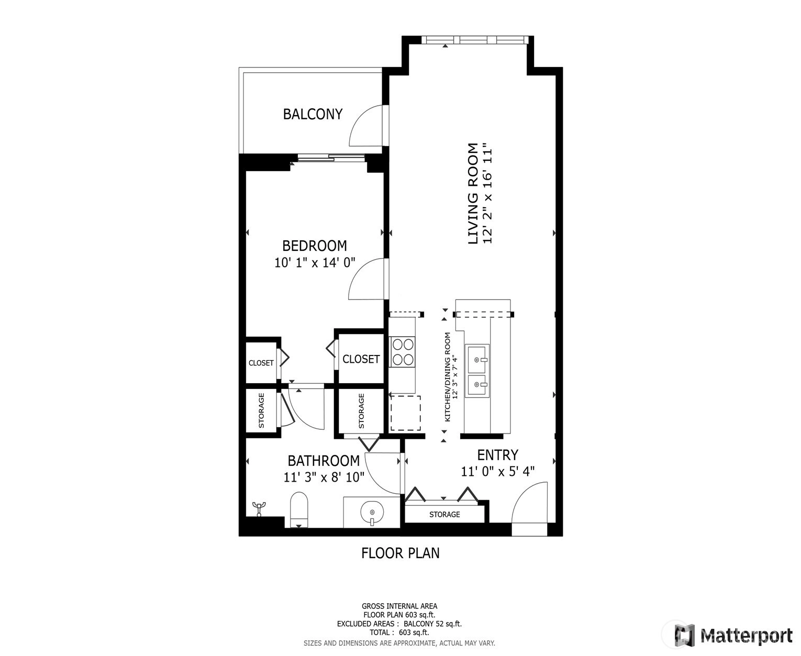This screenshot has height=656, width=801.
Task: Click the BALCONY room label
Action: tap(313, 114)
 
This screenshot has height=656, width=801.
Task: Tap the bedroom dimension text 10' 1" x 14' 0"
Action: tap(315, 262)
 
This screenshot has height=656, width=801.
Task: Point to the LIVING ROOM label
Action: tap(472, 194)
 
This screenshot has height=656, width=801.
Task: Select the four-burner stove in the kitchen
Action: tap(403, 352)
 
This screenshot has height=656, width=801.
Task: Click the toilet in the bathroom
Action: tap(299, 510)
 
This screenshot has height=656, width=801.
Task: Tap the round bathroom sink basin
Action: tap(372, 512)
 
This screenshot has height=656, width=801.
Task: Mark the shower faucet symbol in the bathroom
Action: tap(259, 508)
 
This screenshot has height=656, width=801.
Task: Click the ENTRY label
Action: tap(497, 455)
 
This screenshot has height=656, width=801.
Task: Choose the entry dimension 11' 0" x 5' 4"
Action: tap(497, 471)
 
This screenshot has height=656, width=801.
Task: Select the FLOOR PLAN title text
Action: tap(400, 553)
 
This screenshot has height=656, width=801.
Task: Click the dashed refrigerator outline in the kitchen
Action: tap(406, 413)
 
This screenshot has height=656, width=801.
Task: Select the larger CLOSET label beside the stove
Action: tap(361, 359)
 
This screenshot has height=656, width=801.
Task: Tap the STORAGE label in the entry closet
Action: tap(444, 514)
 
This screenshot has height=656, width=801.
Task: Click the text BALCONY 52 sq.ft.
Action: tap(432, 624)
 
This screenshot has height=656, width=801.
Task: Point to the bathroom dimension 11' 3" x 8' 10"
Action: tap(324, 477)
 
